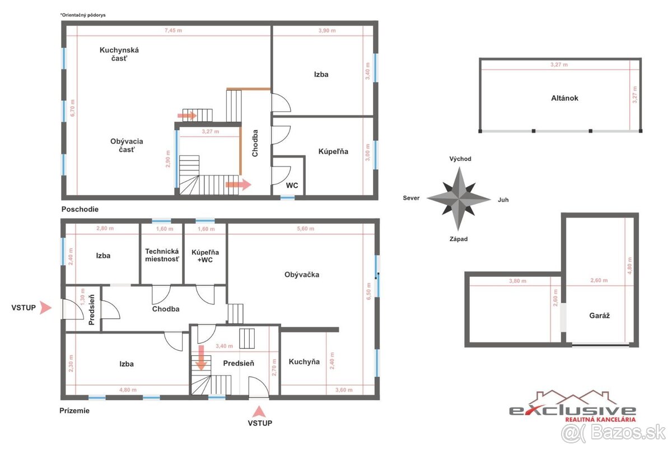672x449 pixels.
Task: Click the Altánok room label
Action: (x=564, y=98)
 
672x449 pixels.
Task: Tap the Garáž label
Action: (x=599, y=316)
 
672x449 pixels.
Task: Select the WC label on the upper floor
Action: (x=292, y=186)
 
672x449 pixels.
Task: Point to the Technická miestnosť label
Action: (x=162, y=255)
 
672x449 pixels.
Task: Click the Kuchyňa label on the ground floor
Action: (x=304, y=362)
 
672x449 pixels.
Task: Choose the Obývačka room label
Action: (x=301, y=275)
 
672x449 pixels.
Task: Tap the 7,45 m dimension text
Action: (x=173, y=30)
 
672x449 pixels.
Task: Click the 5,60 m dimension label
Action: (x=305, y=229)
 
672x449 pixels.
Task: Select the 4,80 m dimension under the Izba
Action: (x=128, y=390)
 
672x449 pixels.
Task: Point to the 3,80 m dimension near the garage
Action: (x=517, y=281)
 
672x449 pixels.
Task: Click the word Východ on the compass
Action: (x=460, y=159)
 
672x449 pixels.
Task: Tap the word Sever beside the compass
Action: (x=411, y=198)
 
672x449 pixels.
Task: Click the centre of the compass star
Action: (x=459, y=199)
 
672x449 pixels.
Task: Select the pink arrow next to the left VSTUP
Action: (x=45, y=308)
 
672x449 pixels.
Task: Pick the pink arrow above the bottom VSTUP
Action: (x=259, y=412)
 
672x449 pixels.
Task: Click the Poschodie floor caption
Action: (x=80, y=209)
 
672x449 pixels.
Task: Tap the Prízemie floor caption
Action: (x=74, y=410)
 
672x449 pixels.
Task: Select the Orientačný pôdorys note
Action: (x=83, y=15)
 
